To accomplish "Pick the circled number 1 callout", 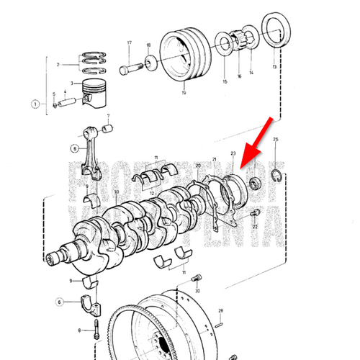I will point(36,104).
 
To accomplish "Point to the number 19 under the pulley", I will point(184,93).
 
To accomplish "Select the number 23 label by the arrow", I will point(233,153).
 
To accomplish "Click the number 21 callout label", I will point(214,158).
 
